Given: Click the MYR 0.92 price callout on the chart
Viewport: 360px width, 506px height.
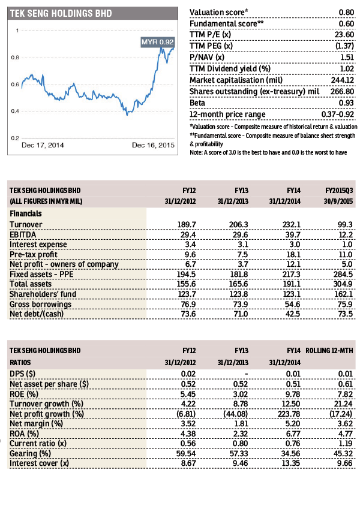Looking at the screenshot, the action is (158, 42).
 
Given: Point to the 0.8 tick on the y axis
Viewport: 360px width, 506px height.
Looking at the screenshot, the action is (15, 58).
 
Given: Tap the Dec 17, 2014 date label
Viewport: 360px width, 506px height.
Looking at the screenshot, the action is (43, 145).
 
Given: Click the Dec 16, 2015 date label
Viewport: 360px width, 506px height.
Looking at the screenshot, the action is (153, 145).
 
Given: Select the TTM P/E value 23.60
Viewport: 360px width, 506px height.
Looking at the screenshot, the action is (344, 35).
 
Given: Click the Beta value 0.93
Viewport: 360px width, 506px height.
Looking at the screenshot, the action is (346, 103).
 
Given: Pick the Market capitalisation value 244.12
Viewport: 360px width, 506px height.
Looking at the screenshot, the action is (343, 80).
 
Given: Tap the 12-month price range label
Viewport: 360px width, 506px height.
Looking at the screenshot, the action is (227, 115).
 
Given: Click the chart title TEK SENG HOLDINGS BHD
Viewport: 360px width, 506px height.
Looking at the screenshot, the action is (61, 13).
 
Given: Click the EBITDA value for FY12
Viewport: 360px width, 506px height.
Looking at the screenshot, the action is (188, 234).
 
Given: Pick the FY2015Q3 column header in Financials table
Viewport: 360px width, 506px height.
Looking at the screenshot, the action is (339, 191).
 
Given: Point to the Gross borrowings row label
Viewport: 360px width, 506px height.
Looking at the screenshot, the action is (40, 305).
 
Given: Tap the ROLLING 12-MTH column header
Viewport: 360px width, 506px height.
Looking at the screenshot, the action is (329, 351).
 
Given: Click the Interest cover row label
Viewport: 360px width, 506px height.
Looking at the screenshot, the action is (40, 463).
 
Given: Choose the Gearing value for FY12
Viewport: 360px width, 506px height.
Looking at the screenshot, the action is (186, 453).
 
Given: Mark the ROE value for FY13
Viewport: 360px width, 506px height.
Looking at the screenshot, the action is (240, 394).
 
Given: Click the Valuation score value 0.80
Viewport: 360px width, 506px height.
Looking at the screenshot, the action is (346, 12).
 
